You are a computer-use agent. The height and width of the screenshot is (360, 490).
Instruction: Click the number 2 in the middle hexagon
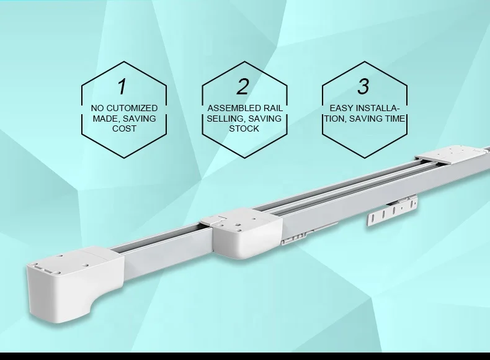click(x=243, y=86)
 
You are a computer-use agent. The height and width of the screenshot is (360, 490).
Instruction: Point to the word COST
click(x=124, y=128)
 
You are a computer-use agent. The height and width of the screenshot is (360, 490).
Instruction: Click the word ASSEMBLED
click(x=233, y=108)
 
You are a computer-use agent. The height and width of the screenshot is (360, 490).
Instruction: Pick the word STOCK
click(x=244, y=128)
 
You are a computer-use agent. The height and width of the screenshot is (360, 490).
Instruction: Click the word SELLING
click(x=225, y=118)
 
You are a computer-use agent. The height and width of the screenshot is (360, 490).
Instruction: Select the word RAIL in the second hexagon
click(x=270, y=108)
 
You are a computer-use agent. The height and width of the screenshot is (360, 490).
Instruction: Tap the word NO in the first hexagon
click(x=97, y=108)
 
